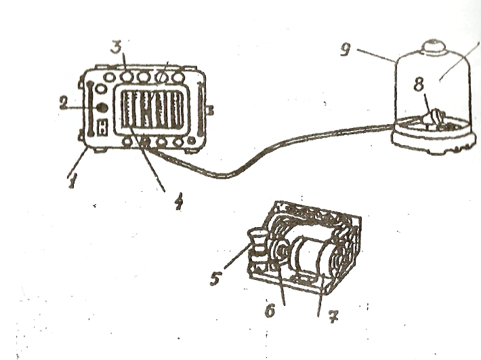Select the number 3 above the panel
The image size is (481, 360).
[x=116, y=49]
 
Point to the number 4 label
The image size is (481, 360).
[x=177, y=201]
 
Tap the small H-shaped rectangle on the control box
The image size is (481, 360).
[x=102, y=126]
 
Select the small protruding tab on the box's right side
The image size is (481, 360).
[x=211, y=109]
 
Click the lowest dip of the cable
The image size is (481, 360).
[x=224, y=177]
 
